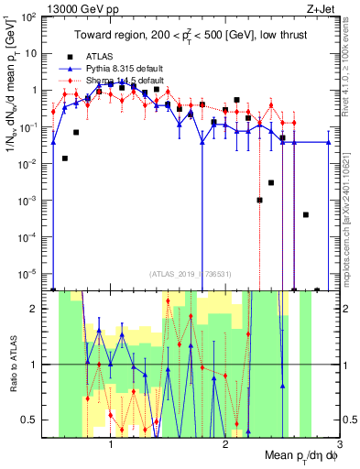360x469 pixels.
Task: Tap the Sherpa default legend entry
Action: click(123, 80)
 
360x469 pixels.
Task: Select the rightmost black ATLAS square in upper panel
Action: click(317, 289)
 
